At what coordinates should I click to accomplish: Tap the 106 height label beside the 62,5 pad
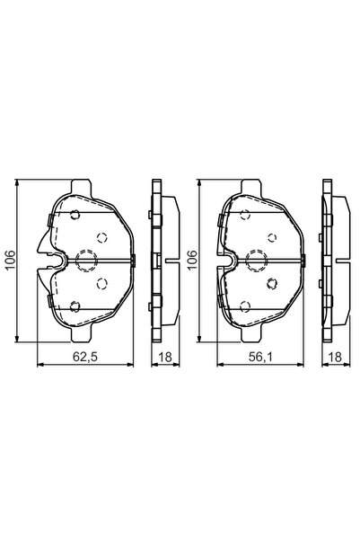(x=10, y=261)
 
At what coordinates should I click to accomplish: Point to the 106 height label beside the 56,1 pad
(x=189, y=261)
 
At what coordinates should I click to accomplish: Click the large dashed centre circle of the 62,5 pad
(x=88, y=261)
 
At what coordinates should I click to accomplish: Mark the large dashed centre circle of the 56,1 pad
(x=258, y=261)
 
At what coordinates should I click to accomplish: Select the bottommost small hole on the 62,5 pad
(x=98, y=282)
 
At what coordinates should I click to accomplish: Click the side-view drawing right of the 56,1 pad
(x=331, y=261)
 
